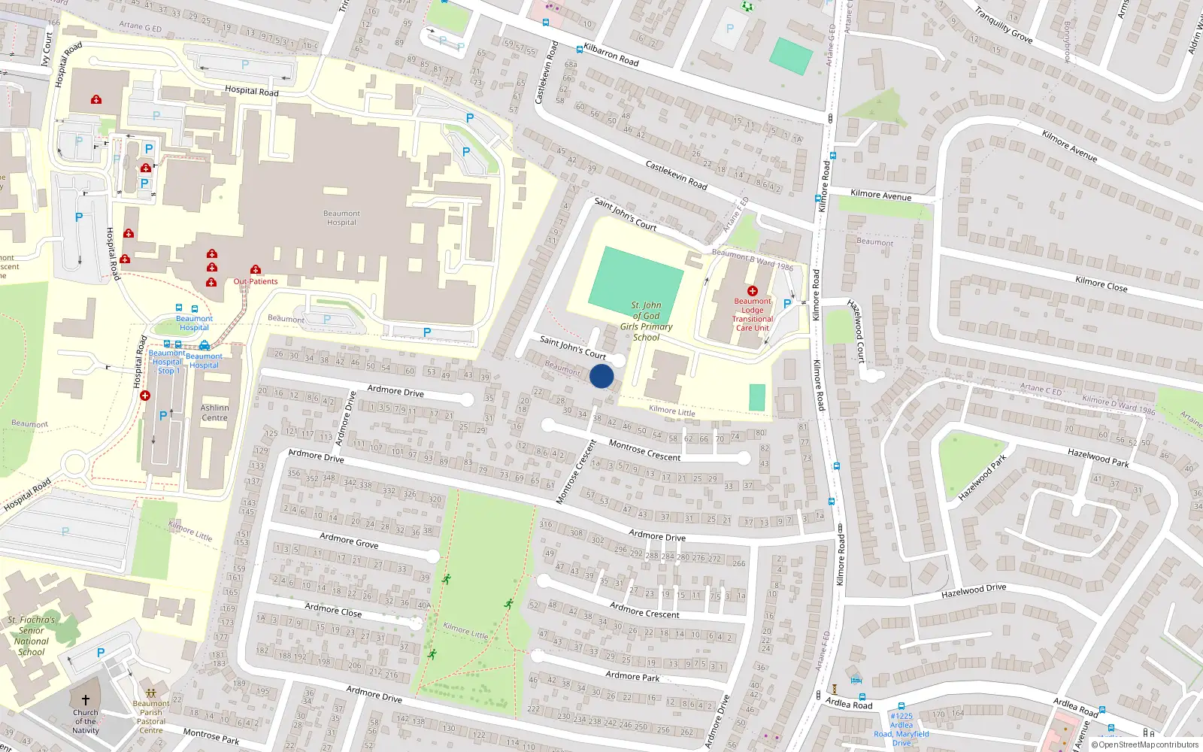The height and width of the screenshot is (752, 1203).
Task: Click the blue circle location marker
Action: pos(601,376)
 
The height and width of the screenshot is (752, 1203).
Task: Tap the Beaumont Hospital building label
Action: pos(341,218)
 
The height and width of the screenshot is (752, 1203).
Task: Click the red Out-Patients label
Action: pos(256,281)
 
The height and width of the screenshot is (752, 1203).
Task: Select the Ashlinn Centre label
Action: pos(214,413)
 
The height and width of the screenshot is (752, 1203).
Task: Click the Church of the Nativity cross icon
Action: pos(86,699)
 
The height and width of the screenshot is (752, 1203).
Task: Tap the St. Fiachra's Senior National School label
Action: pos(32,636)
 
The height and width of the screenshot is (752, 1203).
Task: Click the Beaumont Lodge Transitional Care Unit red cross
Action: pos(752,290)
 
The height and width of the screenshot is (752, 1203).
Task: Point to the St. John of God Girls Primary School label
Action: pos(647,321)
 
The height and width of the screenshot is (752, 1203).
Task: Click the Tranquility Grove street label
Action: pos(1003,24)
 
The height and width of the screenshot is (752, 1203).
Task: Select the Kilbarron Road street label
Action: pos(611,55)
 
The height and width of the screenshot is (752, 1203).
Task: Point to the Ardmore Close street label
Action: pos(333,610)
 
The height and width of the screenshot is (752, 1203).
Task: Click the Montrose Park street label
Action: pos(211,736)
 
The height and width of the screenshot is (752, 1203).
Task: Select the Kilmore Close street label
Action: pos(1101,283)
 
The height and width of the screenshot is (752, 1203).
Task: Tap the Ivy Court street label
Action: pos(47,48)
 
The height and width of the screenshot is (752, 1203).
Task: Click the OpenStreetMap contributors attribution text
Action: pos(1146,744)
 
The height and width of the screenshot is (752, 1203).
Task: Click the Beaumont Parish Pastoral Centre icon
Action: pos(150,693)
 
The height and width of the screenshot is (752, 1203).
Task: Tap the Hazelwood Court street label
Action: pos(857,332)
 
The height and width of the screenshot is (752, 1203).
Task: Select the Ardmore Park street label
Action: pos(632,676)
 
